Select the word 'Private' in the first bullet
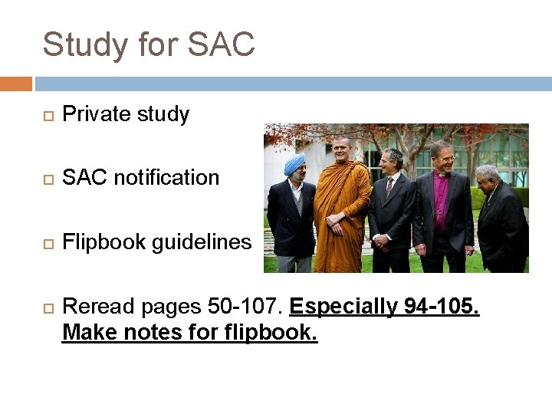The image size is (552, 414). [x=94, y=114]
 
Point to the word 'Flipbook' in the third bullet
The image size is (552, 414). [x=104, y=242]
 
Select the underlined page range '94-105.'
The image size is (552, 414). [x=441, y=307]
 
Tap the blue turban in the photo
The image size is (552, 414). [x=294, y=163]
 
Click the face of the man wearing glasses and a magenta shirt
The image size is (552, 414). [x=442, y=156]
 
